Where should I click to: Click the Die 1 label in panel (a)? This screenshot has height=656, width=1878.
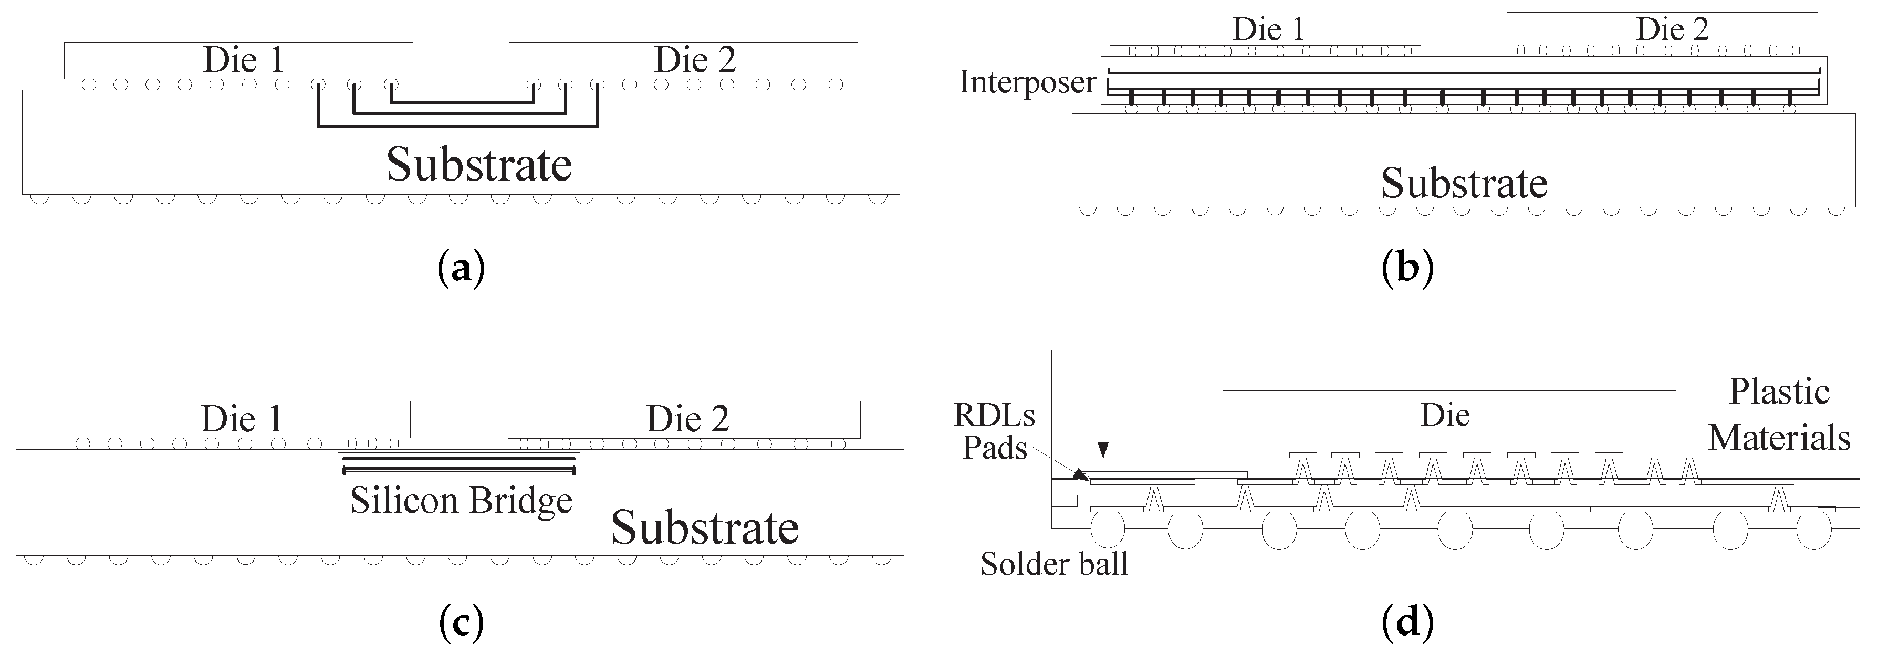click(x=243, y=60)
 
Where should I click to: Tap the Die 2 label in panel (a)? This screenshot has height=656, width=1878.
click(x=694, y=60)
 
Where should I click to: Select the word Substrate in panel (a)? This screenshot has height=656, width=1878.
click(x=479, y=165)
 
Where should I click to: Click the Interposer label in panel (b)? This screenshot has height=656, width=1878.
click(x=1027, y=82)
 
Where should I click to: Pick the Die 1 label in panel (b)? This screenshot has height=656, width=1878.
click(x=1268, y=29)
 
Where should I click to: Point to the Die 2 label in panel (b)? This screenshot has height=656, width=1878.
click(x=1672, y=29)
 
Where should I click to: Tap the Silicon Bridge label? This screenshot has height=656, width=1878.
click(x=461, y=501)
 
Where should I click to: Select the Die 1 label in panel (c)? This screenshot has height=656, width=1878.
click(x=241, y=419)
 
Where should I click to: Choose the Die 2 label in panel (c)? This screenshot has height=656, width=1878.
click(x=687, y=419)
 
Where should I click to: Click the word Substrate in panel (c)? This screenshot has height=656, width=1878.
click(x=704, y=528)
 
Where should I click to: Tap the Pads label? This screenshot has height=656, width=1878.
click(x=995, y=448)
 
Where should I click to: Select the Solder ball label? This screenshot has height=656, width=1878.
click(x=1053, y=564)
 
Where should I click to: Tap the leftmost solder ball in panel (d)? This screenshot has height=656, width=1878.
click(x=1108, y=531)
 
